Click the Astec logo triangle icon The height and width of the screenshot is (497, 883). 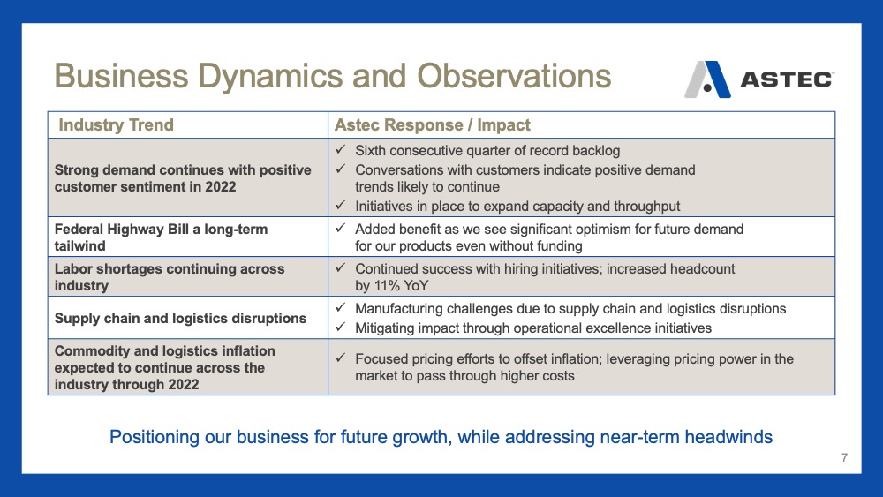click(707, 79)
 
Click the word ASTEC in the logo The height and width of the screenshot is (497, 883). click(787, 79)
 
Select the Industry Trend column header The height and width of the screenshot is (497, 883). click(116, 125)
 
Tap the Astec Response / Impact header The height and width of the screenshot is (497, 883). click(433, 125)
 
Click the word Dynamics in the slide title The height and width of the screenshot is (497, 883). click(302, 77)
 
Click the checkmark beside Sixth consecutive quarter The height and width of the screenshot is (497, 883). click(340, 150)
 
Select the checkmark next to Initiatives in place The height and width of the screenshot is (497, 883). click(340, 206)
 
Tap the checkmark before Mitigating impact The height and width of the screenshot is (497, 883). click(340, 327)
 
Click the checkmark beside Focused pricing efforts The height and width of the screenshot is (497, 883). click(340, 358)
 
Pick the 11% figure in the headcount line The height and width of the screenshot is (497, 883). click(387, 286)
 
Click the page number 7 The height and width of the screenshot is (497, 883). click(844, 457)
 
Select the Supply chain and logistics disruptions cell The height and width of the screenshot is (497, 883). click(180, 319)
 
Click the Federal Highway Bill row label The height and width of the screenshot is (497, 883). click(161, 237)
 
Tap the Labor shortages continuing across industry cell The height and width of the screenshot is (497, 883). click(170, 277)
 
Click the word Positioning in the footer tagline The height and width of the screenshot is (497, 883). click(155, 437)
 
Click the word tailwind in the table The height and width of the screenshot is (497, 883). click(80, 246)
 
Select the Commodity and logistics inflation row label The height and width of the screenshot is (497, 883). click(165, 367)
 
